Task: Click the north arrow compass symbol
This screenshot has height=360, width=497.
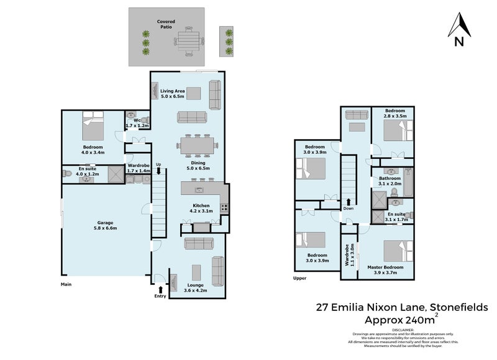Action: point(459,29)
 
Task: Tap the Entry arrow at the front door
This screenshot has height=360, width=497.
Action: point(160,289)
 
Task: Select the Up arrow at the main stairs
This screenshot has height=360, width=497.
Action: point(158,171)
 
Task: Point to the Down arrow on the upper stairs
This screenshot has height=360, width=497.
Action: point(349,202)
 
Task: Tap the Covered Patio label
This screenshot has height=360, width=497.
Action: point(166,24)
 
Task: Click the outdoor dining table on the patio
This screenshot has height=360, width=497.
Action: point(189,42)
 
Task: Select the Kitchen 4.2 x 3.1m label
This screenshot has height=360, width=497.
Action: point(201,209)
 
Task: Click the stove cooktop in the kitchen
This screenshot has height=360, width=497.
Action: point(224,208)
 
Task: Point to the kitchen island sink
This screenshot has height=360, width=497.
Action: point(199,190)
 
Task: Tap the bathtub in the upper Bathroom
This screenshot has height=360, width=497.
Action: point(408,182)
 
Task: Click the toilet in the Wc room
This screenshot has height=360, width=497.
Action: point(145,120)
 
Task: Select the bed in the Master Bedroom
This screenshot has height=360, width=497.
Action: point(398,251)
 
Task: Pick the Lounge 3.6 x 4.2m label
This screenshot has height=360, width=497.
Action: point(196,287)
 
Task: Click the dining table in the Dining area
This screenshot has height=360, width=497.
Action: point(198,146)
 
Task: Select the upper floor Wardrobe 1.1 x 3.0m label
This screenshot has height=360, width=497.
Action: point(349,255)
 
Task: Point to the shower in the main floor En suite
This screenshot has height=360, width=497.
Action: point(116,174)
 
